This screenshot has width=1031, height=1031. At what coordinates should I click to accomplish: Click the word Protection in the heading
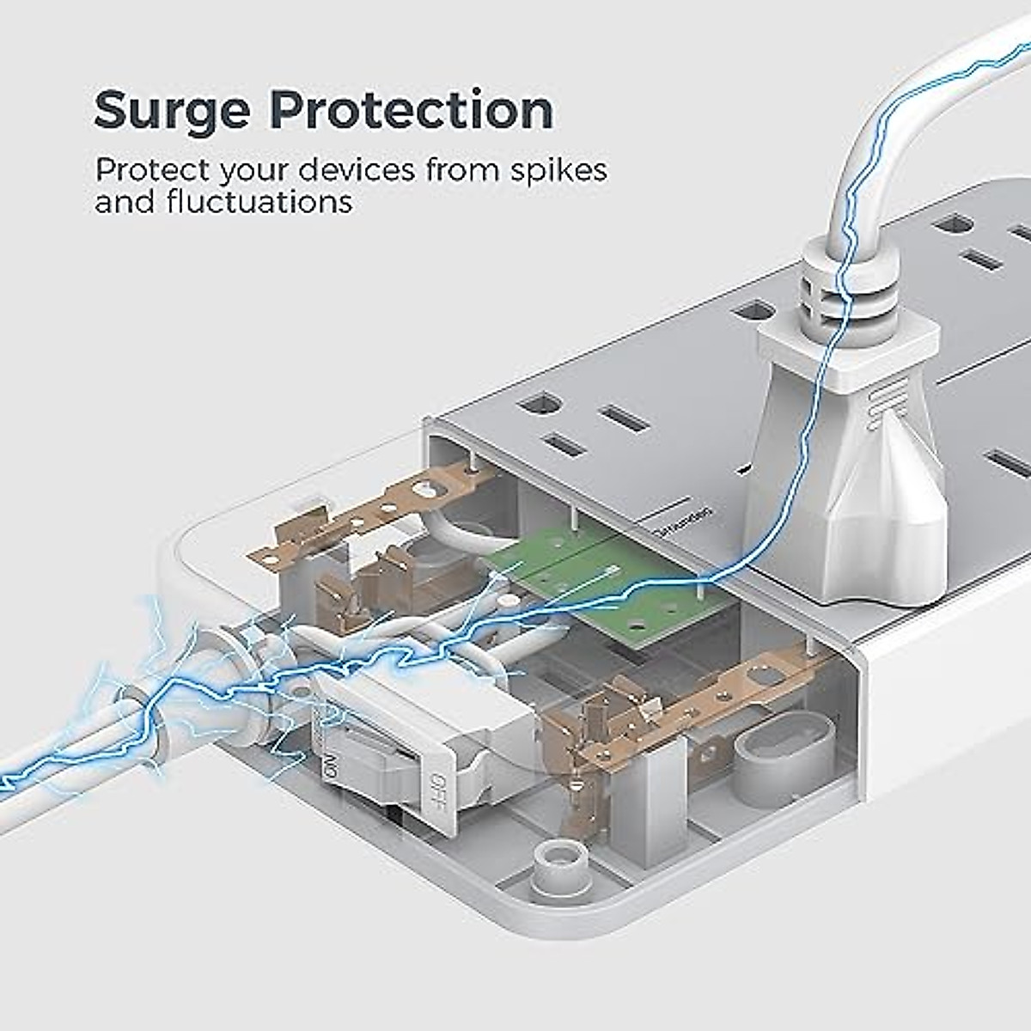[x=412, y=110]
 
